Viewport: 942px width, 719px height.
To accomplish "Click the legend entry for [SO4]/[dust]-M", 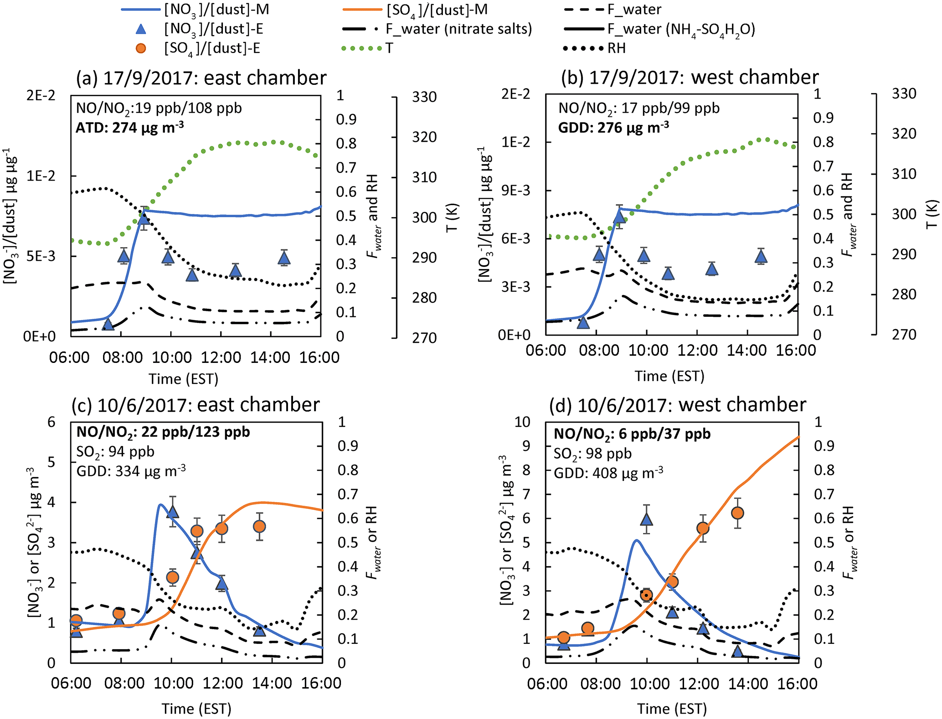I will pyautogui.click(x=437, y=10).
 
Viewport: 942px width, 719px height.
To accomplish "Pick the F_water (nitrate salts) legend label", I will pyautogui.click(x=458, y=29).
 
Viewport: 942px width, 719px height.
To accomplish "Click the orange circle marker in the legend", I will pyautogui.click(x=141, y=48).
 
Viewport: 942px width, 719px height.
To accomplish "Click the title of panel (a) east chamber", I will pyautogui.click(x=201, y=78).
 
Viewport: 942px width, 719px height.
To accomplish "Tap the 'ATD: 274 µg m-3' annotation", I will pyautogui.click(x=129, y=128).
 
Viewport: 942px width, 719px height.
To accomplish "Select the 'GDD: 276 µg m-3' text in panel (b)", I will pyautogui.click(x=613, y=127).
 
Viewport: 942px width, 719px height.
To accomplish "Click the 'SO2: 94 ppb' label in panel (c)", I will pyautogui.click(x=115, y=452).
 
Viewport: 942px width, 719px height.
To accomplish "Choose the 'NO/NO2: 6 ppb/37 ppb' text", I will pyautogui.click(x=632, y=434).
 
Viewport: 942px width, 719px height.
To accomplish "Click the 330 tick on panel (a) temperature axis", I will pyautogui.click(x=424, y=97).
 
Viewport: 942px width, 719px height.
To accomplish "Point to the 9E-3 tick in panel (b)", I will pyautogui.click(x=515, y=191).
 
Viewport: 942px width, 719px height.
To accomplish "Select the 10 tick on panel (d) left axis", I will pyautogui.click(x=522, y=422).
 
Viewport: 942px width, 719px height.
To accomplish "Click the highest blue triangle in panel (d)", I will pyautogui.click(x=646, y=519).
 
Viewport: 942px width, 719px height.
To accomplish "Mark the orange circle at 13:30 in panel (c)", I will pyautogui.click(x=259, y=527).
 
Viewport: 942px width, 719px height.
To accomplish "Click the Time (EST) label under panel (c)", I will pyautogui.click(x=196, y=709).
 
